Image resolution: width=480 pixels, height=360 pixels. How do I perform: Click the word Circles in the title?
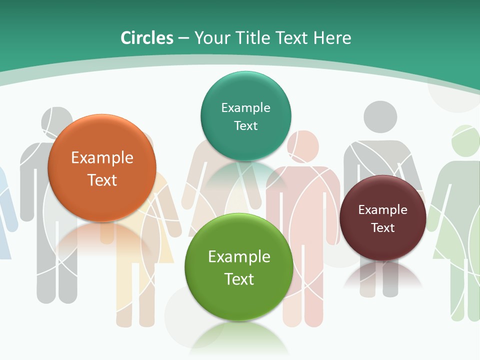(147, 38)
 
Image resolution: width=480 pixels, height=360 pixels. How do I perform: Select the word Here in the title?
(332, 38)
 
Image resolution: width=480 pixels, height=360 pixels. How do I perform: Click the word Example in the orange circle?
(102, 158)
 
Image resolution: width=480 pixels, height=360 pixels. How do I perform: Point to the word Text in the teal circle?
(245, 125)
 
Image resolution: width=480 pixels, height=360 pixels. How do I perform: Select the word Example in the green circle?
(239, 257)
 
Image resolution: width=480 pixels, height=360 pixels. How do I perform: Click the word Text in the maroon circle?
(383, 228)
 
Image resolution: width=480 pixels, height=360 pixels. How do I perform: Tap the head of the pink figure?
(303, 145)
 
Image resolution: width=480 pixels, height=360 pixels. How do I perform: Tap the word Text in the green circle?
(239, 279)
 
